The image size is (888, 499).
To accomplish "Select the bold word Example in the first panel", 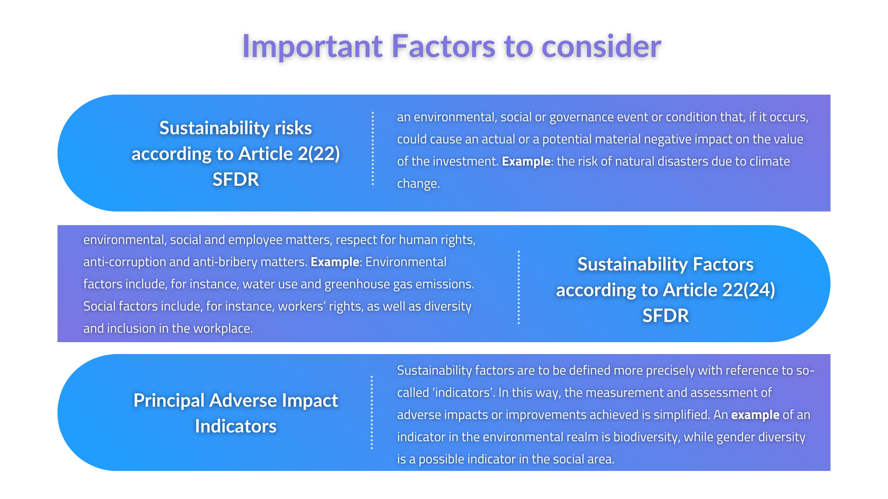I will [x=526, y=162].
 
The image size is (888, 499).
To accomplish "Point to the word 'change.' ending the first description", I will [x=418, y=184].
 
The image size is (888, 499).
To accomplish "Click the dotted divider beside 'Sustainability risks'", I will [x=373, y=149].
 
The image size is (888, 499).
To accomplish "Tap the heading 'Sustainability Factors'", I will [x=665, y=264].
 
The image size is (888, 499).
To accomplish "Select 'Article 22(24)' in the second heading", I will [x=719, y=290].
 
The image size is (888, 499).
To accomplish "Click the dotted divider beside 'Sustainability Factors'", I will [x=519, y=287].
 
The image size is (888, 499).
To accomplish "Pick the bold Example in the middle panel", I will [x=335, y=262].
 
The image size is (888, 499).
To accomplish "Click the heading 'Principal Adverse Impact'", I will [x=235, y=400].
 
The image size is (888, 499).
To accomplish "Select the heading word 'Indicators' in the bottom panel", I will [x=235, y=426].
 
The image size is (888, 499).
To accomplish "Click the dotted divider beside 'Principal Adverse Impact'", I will [x=371, y=412].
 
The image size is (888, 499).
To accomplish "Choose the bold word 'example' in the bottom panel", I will [x=755, y=415].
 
